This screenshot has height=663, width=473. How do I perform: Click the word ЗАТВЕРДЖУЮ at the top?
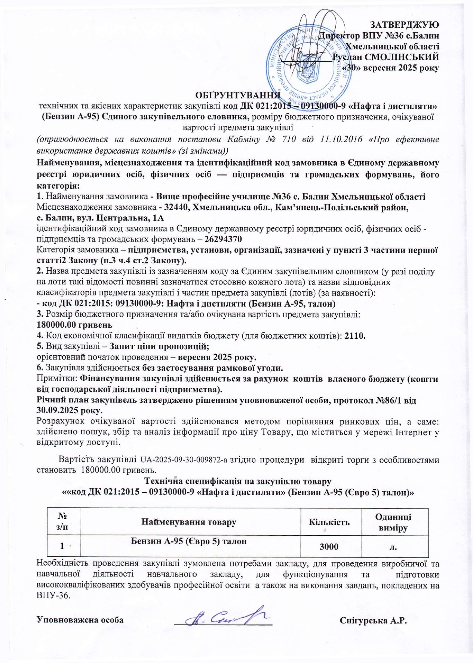[404, 25]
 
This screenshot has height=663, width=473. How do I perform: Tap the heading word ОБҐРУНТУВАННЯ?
[238, 96]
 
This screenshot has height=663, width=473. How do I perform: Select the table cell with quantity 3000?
[329, 547]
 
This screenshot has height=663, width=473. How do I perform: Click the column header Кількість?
[329, 522]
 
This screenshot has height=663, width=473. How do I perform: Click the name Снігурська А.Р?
[373, 620]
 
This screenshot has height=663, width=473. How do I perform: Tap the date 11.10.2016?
[341, 140]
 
